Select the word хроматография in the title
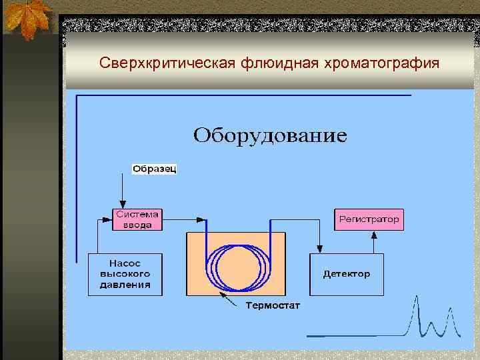pos(382,63)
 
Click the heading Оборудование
pos(270,135)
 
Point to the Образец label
pos(155,169)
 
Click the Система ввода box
pos(137,219)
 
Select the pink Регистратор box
pos(369,219)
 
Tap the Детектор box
pos(346,274)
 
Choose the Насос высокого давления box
pos(125,274)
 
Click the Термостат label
pos(273,306)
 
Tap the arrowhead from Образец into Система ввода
pos(122,204)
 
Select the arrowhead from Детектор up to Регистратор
pos(373,234)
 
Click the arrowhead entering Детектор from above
pos(319,249)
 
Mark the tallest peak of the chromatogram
pos(417,299)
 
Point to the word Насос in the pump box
pos(125,263)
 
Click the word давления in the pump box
pos(125,285)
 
